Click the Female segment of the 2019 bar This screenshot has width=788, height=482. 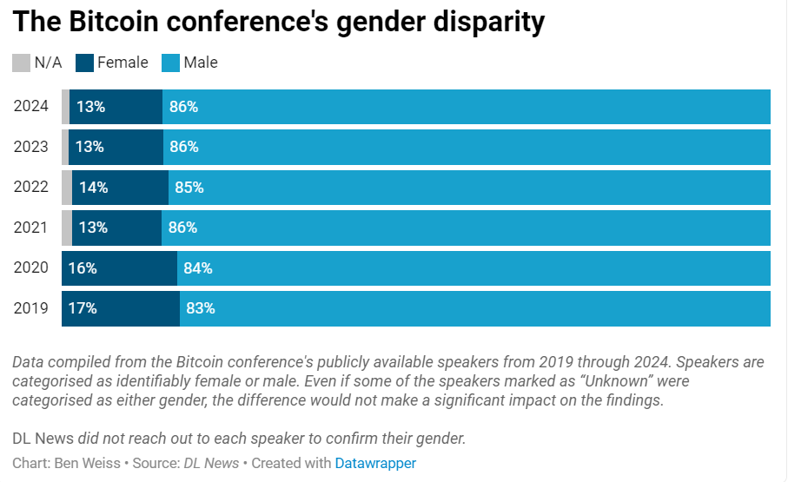pyautogui.click(x=121, y=308)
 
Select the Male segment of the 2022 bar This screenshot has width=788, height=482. pyautogui.click(x=469, y=188)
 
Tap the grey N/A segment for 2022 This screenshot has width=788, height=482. pyautogui.click(x=67, y=188)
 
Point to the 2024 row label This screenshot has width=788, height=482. pyautogui.click(x=31, y=107)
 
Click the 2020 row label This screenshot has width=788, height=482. pyautogui.click(x=31, y=268)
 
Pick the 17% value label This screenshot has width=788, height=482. pyautogui.click(x=83, y=308)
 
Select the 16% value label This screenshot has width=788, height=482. pyautogui.click(x=83, y=268)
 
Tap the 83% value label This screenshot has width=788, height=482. pyautogui.click(x=201, y=308)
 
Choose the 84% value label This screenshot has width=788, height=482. pyautogui.click(x=198, y=268)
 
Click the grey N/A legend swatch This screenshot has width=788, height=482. pyautogui.click(x=21, y=63)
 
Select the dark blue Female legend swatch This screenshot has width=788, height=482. pyautogui.click(x=84, y=63)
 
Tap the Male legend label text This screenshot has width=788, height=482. pyautogui.click(x=201, y=63)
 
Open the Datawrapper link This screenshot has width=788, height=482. pyautogui.click(x=375, y=463)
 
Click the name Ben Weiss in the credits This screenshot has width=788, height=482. pyautogui.click(x=89, y=463)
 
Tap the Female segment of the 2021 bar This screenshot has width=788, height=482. pyautogui.click(x=117, y=228)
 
